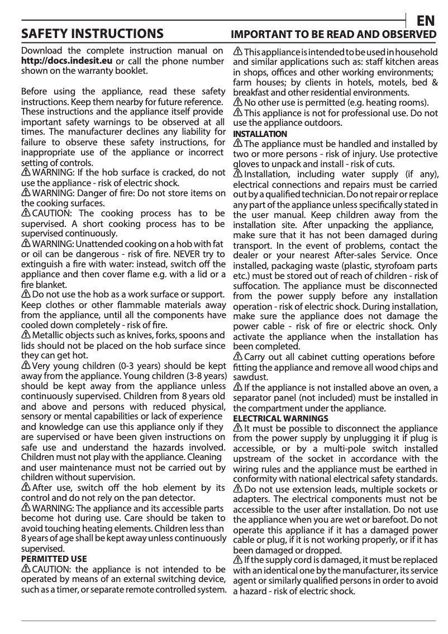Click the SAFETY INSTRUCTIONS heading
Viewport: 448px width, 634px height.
pos(92,34)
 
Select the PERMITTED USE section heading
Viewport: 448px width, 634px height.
pos(54,559)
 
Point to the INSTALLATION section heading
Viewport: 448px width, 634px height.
pos(260,134)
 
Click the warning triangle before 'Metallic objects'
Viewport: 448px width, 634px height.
pos(26,335)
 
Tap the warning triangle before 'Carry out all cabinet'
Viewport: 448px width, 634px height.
pos(238,357)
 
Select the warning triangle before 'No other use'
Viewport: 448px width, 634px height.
pos(238,102)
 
